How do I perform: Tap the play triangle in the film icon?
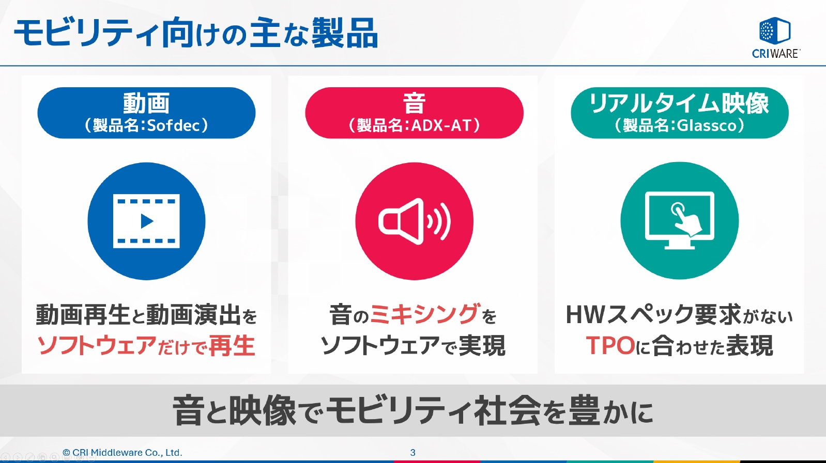click(x=147, y=221)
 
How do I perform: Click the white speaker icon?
click(x=414, y=221)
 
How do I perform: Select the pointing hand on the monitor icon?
click(x=685, y=220)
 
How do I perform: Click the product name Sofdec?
click(x=174, y=125)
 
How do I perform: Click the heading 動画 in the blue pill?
click(x=146, y=103)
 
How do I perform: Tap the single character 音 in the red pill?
click(x=414, y=103)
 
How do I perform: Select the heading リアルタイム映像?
click(x=679, y=103)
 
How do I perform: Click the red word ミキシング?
click(x=425, y=314)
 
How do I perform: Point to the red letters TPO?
click(x=610, y=346)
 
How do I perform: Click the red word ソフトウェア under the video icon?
click(x=97, y=346)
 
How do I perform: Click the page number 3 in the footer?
click(x=412, y=453)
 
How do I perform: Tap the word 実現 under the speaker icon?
click(x=482, y=346)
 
